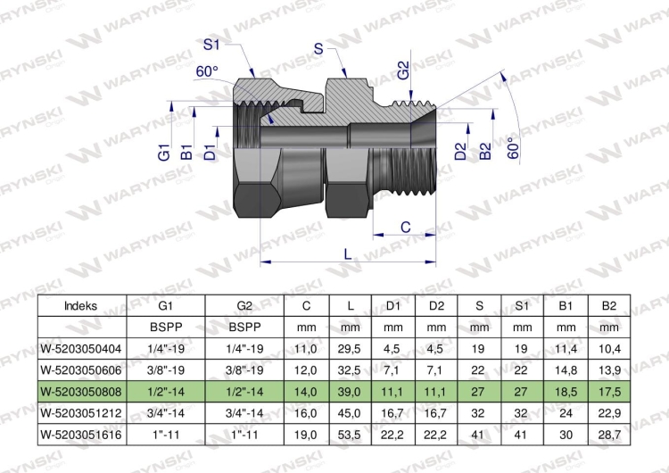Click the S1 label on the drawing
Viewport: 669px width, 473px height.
pos(211,45)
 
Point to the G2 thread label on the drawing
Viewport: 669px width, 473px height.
pos(403,70)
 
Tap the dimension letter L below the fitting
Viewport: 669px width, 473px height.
pos(348,253)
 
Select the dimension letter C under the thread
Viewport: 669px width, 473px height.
pos(405,228)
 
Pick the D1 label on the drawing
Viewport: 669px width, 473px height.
pos(209,153)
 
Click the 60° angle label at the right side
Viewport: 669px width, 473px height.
pos(512,148)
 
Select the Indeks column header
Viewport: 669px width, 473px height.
pos(81,306)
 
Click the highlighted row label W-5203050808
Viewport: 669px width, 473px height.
pos(81,391)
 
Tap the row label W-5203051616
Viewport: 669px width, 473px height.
pos(81,433)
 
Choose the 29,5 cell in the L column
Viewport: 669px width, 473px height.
pos(350,349)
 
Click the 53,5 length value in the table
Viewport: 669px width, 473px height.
pos(350,433)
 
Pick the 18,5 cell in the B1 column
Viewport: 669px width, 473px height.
pos(565,391)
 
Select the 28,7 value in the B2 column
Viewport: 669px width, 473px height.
pos(608,433)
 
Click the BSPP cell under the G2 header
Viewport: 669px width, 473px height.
pos(244,328)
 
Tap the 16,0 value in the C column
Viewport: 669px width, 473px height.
pos(307,412)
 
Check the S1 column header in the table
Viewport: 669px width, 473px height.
pos(522,306)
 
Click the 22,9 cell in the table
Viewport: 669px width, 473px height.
pos(608,412)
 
